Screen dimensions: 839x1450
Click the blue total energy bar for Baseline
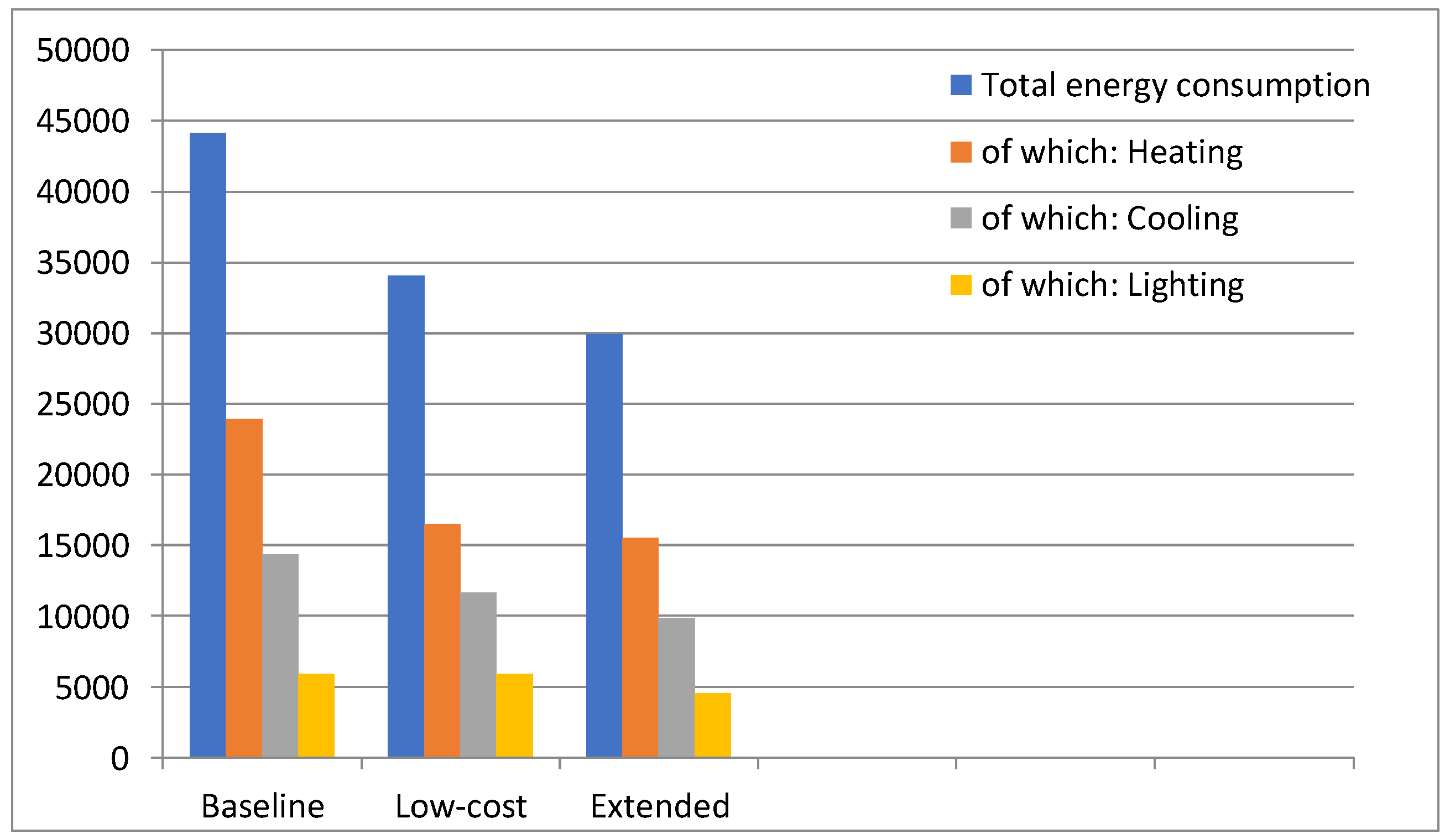click(208, 446)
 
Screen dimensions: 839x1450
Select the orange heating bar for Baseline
click(244, 588)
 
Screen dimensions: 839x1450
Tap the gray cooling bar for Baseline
click(280, 656)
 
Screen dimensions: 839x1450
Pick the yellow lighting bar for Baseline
click(316, 716)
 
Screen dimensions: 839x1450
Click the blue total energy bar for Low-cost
click(406, 517)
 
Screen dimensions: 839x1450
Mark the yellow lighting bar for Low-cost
click(515, 716)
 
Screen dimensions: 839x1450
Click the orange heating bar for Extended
click(641, 649)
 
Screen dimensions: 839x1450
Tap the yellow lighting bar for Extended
click(713, 726)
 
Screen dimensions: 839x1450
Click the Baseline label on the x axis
click(263, 807)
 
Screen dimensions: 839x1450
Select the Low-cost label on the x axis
click(461, 807)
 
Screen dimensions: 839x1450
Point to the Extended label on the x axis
click(660, 807)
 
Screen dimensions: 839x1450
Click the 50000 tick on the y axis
click(83, 51)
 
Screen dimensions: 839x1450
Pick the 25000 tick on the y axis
click(83, 405)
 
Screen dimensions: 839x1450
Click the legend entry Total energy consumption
click(1176, 86)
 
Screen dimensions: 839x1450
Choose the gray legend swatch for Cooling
click(961, 218)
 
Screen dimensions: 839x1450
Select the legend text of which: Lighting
click(1112, 285)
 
